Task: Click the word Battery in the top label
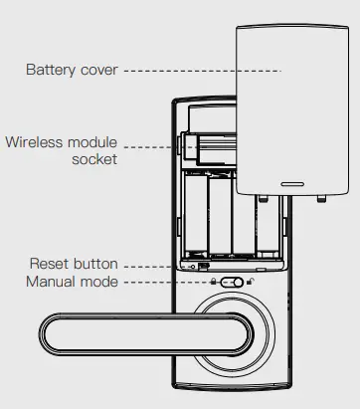[x=49, y=71]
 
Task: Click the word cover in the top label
[x=96, y=71]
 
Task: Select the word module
[x=95, y=142]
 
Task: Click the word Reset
[x=49, y=265]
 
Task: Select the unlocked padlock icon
[x=248, y=283]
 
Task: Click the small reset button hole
[x=192, y=267]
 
